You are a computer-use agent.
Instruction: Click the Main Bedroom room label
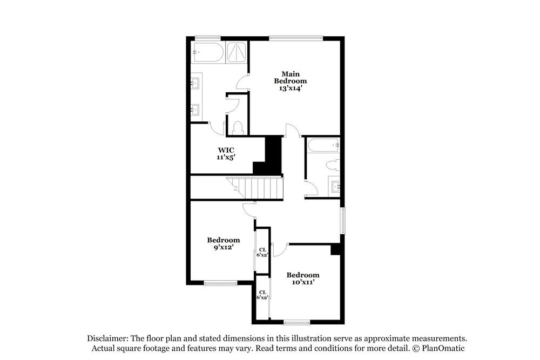pyautogui.click(x=290, y=77)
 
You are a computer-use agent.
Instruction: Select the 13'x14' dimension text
pyautogui.click(x=290, y=89)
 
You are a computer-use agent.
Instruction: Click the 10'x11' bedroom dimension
pyautogui.click(x=302, y=282)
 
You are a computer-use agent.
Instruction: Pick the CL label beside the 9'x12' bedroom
pyautogui.click(x=262, y=249)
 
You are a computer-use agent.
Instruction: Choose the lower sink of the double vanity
pyautogui.click(x=195, y=110)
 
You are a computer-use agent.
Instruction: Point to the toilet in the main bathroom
pyautogui.click(x=238, y=127)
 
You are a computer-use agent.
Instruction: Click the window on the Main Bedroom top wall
pyautogui.click(x=295, y=38)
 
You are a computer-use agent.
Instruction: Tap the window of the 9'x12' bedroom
pyautogui.click(x=220, y=282)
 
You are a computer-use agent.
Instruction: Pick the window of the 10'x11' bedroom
pyautogui.click(x=297, y=323)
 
